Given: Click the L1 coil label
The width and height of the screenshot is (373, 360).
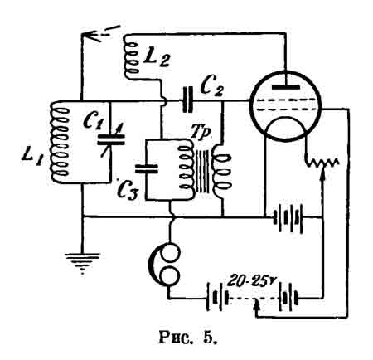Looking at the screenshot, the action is click(x=31, y=158).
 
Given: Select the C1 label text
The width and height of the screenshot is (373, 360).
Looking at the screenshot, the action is click(x=93, y=121).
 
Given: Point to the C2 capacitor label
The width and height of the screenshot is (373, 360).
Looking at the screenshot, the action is click(x=212, y=87).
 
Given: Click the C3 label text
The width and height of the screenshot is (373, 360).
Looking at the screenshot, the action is click(x=128, y=191).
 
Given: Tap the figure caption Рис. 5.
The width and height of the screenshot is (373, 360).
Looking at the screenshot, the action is click(x=188, y=338).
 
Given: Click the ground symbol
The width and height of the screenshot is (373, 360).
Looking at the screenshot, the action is click(x=82, y=262).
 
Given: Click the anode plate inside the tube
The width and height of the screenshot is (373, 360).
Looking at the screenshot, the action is click(x=286, y=87).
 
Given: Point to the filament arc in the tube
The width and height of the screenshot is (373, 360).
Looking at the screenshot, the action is click(x=286, y=119).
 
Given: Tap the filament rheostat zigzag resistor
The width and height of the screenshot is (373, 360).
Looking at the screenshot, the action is click(x=322, y=163).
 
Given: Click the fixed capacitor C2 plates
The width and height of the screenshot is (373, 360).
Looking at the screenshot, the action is click(x=187, y=100).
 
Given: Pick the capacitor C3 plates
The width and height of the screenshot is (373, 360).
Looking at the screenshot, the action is click(x=147, y=168).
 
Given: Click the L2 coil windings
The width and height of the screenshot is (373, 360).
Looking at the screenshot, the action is click(x=131, y=57).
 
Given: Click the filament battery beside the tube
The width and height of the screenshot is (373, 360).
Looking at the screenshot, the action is click(x=288, y=218).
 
